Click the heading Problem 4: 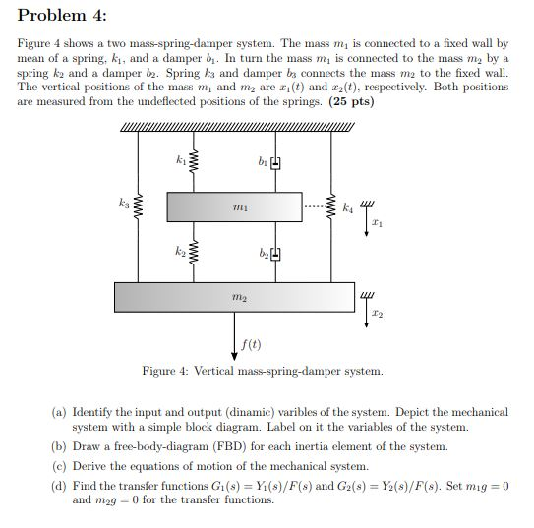click(58, 16)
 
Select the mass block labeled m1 click(234, 207)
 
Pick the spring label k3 click(125, 205)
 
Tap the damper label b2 click(261, 254)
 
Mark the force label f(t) click(252, 344)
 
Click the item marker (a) click(59, 412)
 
